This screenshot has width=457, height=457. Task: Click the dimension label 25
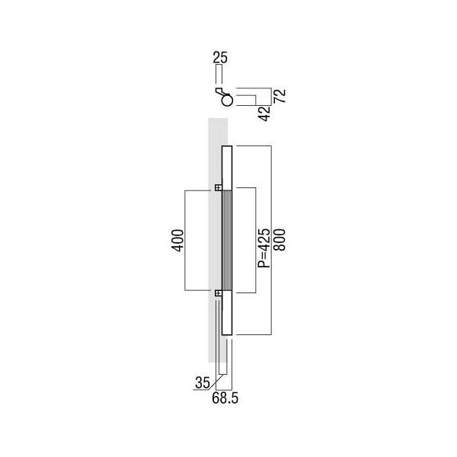coord(220,57)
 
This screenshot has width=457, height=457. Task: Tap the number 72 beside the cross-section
coord(280,96)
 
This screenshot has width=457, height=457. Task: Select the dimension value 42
coord(264,113)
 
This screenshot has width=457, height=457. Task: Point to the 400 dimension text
coord(177,241)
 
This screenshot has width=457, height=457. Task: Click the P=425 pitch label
coord(264,248)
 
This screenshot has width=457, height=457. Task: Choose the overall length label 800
coord(280,240)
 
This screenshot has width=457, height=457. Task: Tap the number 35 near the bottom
coord(203,382)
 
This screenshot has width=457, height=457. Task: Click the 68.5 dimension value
coord(225,398)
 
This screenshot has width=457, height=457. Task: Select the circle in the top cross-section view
coord(227,101)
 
